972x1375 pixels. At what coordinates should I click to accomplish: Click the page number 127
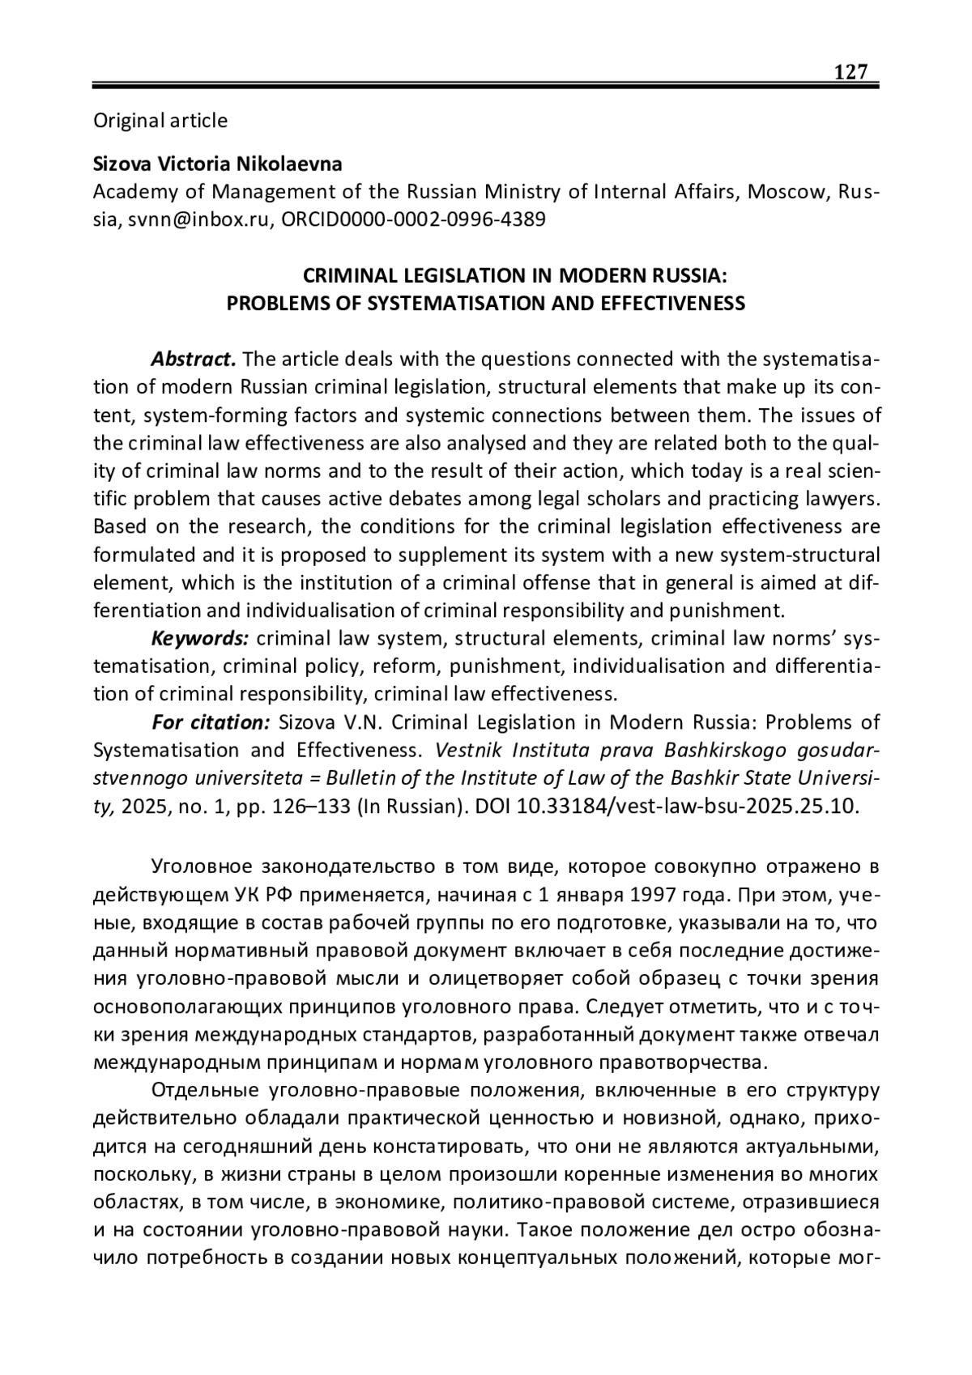tap(851, 73)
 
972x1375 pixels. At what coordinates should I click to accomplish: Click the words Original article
tap(160, 121)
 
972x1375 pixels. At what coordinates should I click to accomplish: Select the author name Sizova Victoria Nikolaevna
tap(218, 164)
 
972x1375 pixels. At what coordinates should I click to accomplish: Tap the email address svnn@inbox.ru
tap(201, 219)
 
